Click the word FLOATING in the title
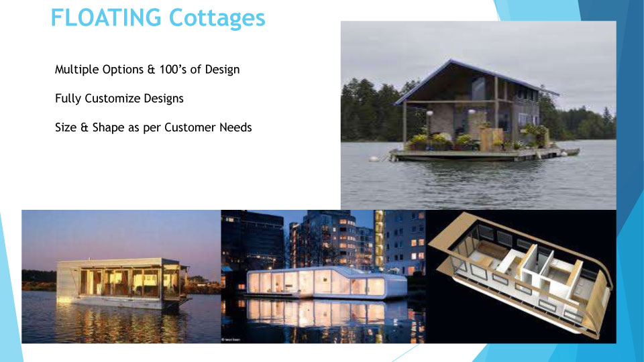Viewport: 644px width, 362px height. pyautogui.click(x=106, y=17)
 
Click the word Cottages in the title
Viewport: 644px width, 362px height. pyautogui.click(x=217, y=17)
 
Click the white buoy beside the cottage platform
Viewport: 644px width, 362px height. pyautogui.click(x=374, y=158)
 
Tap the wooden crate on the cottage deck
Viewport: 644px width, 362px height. pyautogui.click(x=491, y=139)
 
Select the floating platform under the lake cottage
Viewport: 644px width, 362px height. pyautogui.click(x=484, y=155)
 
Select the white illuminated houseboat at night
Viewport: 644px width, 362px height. pyautogui.click(x=327, y=283)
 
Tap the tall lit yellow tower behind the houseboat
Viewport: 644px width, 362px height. pyautogui.click(x=379, y=238)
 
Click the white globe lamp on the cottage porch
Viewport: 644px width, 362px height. pyautogui.click(x=429, y=113)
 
